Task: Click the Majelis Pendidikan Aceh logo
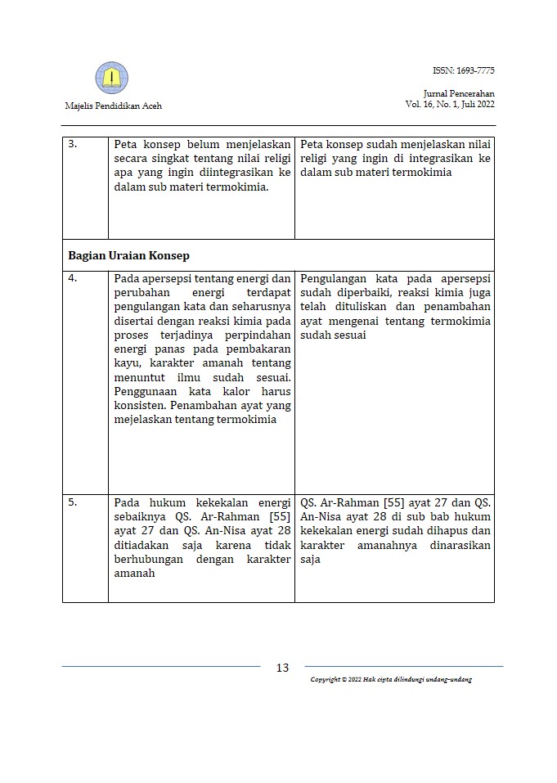pyautogui.click(x=111, y=77)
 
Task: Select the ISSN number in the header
pyautogui.click(x=464, y=71)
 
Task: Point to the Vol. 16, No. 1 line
pyautogui.click(x=450, y=105)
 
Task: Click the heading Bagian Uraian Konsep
pyautogui.click(x=128, y=255)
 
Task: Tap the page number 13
pyautogui.click(x=282, y=668)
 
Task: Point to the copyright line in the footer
pyautogui.click(x=391, y=680)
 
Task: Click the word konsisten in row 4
pyautogui.click(x=141, y=406)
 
